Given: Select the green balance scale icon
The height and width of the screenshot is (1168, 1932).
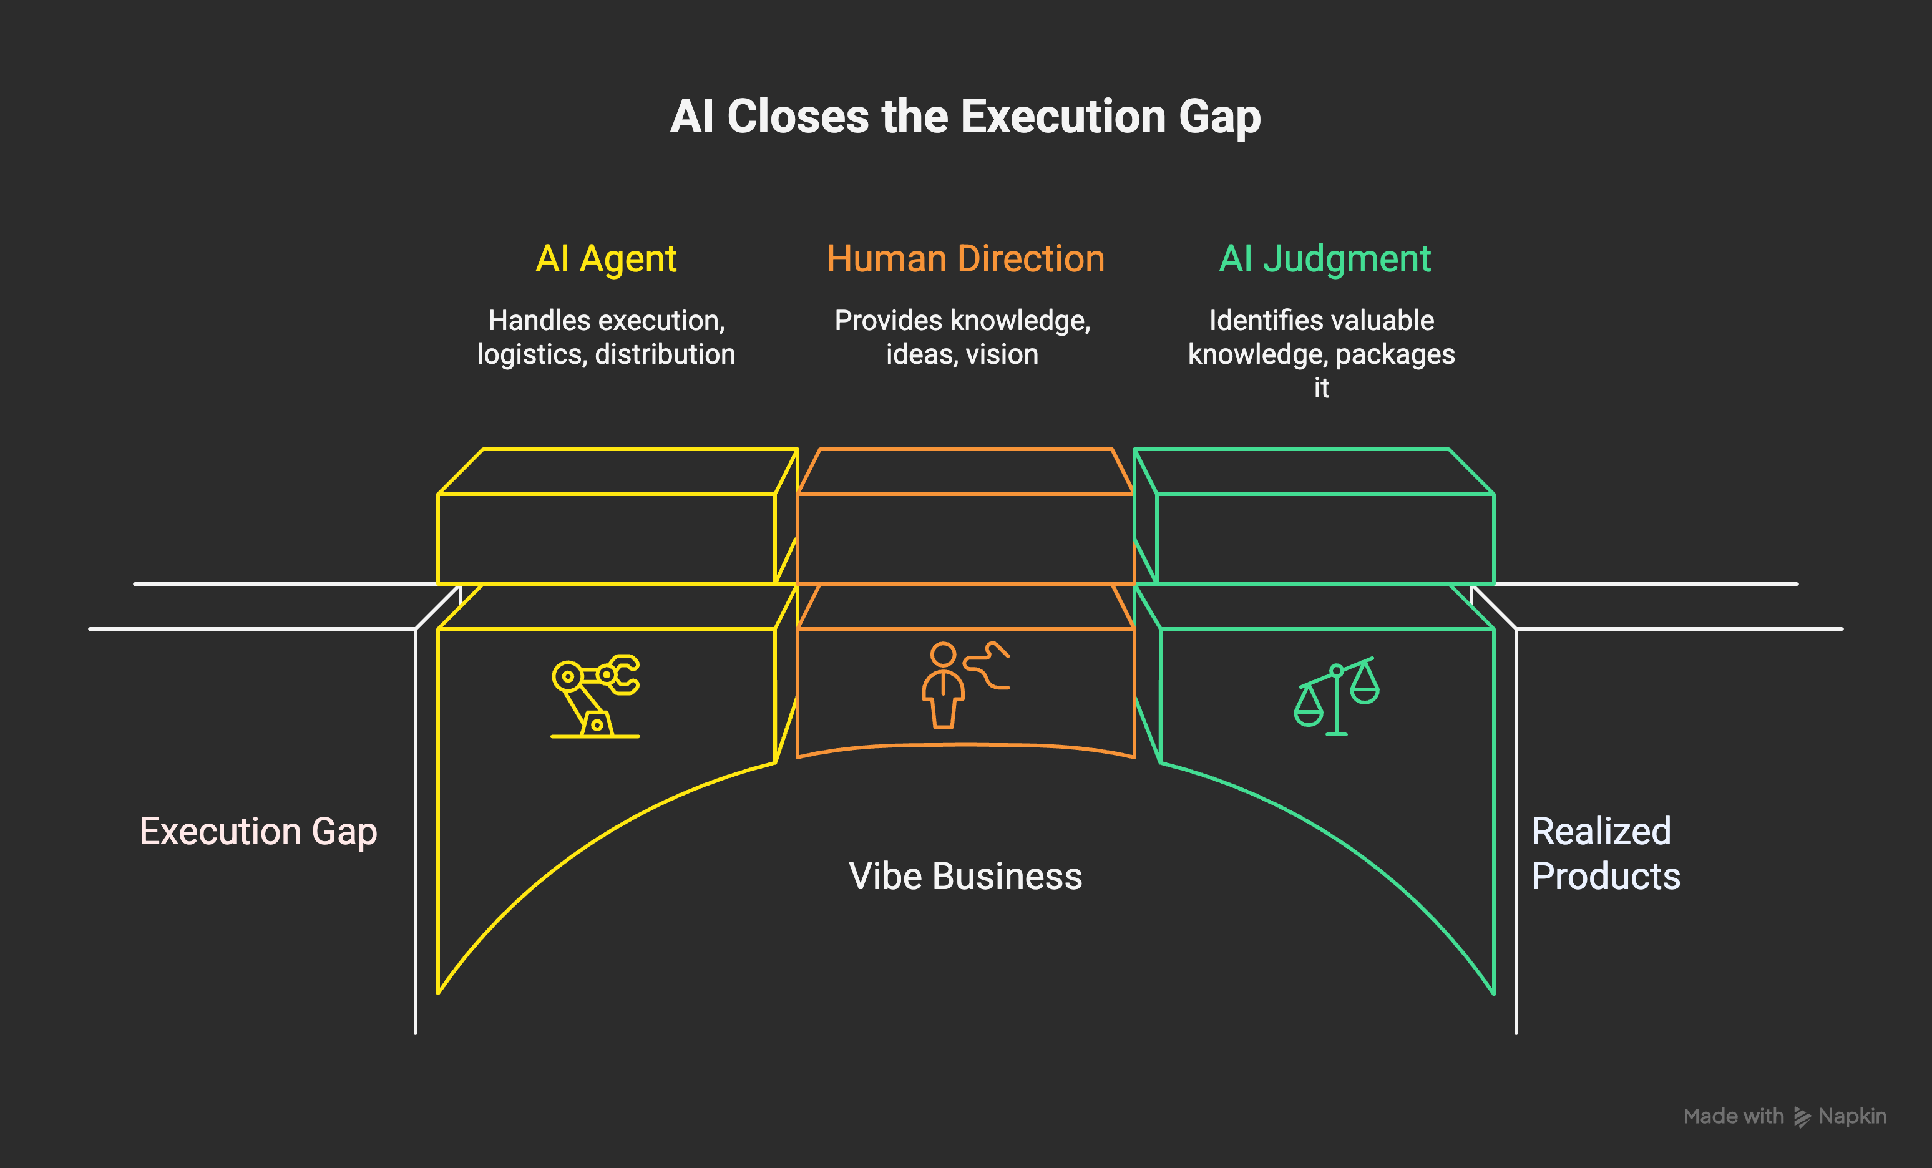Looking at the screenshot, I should click(x=1336, y=696).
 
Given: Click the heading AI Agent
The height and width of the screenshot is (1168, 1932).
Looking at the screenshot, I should click(x=606, y=259).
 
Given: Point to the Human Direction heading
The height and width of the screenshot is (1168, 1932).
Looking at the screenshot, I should click(x=965, y=259).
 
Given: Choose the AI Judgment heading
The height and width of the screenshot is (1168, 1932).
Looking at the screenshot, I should click(x=1324, y=259).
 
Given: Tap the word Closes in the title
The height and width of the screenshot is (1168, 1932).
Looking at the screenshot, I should click(x=798, y=117).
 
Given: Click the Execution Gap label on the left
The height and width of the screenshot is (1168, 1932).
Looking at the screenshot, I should click(x=258, y=831).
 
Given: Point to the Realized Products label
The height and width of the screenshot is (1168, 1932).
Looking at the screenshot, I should click(x=1605, y=853).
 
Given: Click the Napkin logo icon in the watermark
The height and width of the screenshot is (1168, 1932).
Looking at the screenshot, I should click(x=1802, y=1116).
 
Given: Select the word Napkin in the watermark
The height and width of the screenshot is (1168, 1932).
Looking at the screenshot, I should click(x=1852, y=1116).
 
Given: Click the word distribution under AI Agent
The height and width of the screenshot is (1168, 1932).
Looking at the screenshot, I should click(x=665, y=355).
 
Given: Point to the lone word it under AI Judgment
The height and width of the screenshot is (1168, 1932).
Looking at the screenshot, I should click(x=1321, y=388).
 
